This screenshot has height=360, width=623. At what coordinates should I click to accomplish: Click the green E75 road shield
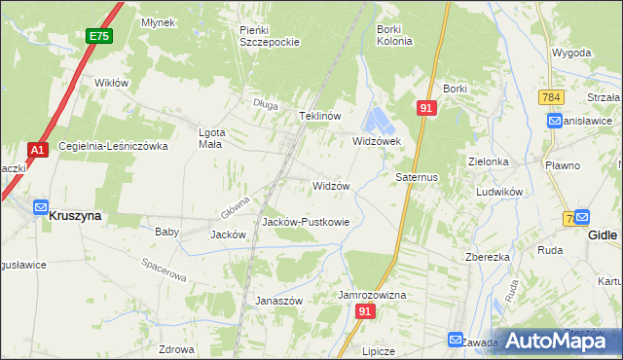[x=97, y=36]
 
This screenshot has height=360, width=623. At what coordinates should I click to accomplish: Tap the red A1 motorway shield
[x=37, y=150]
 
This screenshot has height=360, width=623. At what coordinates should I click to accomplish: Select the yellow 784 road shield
[x=551, y=97]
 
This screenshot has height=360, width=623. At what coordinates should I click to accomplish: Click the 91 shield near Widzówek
[x=425, y=109]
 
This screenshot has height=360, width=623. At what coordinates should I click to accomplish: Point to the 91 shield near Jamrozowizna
[x=365, y=311]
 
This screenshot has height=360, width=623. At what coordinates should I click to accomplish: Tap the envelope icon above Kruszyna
[x=41, y=206]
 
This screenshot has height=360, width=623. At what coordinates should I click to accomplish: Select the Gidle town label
[x=604, y=234]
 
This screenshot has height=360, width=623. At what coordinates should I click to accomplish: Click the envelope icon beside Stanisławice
[x=554, y=121]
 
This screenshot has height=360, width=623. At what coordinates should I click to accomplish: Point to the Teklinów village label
[x=318, y=116]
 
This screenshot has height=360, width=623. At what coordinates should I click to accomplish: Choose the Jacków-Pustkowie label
[x=306, y=222]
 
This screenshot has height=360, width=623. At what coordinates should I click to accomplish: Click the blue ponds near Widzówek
[x=376, y=122]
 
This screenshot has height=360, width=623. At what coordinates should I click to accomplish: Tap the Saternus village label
[x=418, y=178]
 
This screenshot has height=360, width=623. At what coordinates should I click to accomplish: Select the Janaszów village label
[x=279, y=301]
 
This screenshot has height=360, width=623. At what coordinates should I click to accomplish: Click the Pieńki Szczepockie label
[x=269, y=36]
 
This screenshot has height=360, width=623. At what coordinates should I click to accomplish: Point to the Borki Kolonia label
[x=394, y=35]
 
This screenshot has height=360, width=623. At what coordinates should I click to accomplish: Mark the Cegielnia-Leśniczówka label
[x=114, y=146]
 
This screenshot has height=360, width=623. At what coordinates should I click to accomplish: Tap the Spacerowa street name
[x=163, y=270]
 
